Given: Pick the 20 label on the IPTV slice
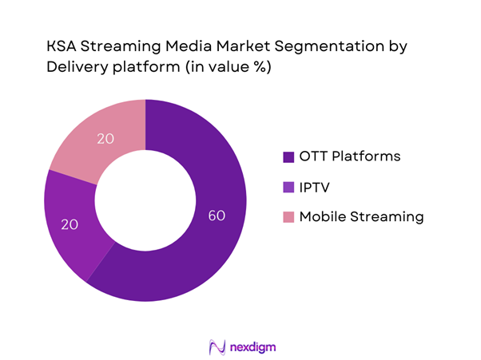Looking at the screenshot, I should (69, 226).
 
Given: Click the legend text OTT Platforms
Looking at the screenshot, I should (349, 156).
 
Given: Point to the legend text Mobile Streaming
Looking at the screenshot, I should (361, 216).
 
